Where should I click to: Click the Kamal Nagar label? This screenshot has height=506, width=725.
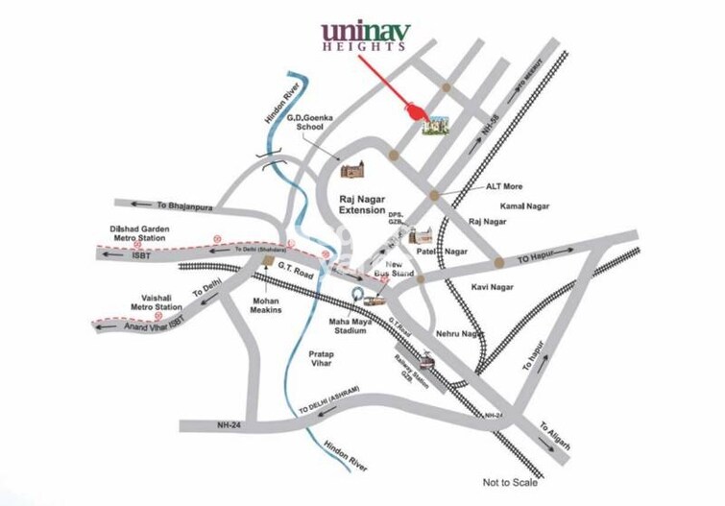523,206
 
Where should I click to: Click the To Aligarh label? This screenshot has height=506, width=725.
554,438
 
